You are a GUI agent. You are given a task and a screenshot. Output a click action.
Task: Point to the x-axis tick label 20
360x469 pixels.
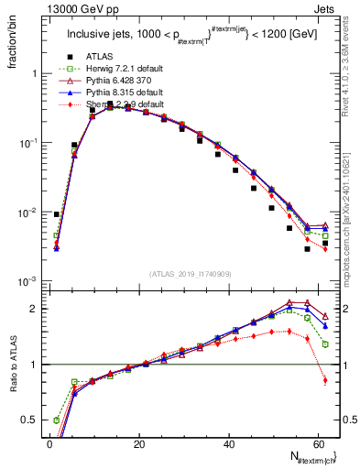[139, 444]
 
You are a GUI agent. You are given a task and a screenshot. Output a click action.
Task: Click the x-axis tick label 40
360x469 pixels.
[229, 444]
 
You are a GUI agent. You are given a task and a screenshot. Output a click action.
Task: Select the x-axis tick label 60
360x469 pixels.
[319, 444]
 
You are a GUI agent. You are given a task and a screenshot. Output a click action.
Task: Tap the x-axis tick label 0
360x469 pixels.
[49, 444]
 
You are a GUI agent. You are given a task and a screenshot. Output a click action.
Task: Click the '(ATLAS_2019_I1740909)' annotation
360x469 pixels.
[190, 274]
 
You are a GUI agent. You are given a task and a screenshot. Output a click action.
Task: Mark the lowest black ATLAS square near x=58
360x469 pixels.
[307, 248]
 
